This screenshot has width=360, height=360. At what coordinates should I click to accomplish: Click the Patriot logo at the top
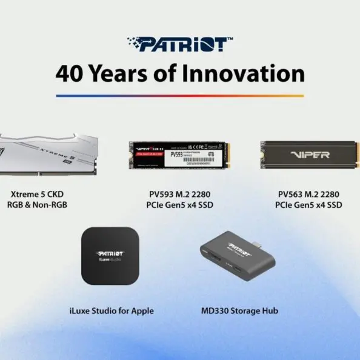(179, 44)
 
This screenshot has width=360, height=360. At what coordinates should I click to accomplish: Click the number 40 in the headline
(69, 73)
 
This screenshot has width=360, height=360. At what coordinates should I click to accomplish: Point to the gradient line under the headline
(179, 96)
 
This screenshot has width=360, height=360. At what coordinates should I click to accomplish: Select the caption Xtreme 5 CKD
(37, 194)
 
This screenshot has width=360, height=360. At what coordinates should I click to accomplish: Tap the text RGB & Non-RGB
(37, 205)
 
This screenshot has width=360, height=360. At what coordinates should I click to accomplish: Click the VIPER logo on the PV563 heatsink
(308, 155)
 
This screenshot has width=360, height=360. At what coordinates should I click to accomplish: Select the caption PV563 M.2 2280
(308, 194)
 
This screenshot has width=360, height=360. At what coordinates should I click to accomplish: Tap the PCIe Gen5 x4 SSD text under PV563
(308, 205)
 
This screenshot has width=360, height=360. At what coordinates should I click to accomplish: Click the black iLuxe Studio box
(111, 256)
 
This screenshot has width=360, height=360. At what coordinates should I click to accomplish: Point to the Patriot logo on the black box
(111, 252)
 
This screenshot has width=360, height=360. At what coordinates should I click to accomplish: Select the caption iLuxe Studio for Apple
(112, 311)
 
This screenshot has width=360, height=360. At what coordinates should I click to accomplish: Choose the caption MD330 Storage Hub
(239, 311)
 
